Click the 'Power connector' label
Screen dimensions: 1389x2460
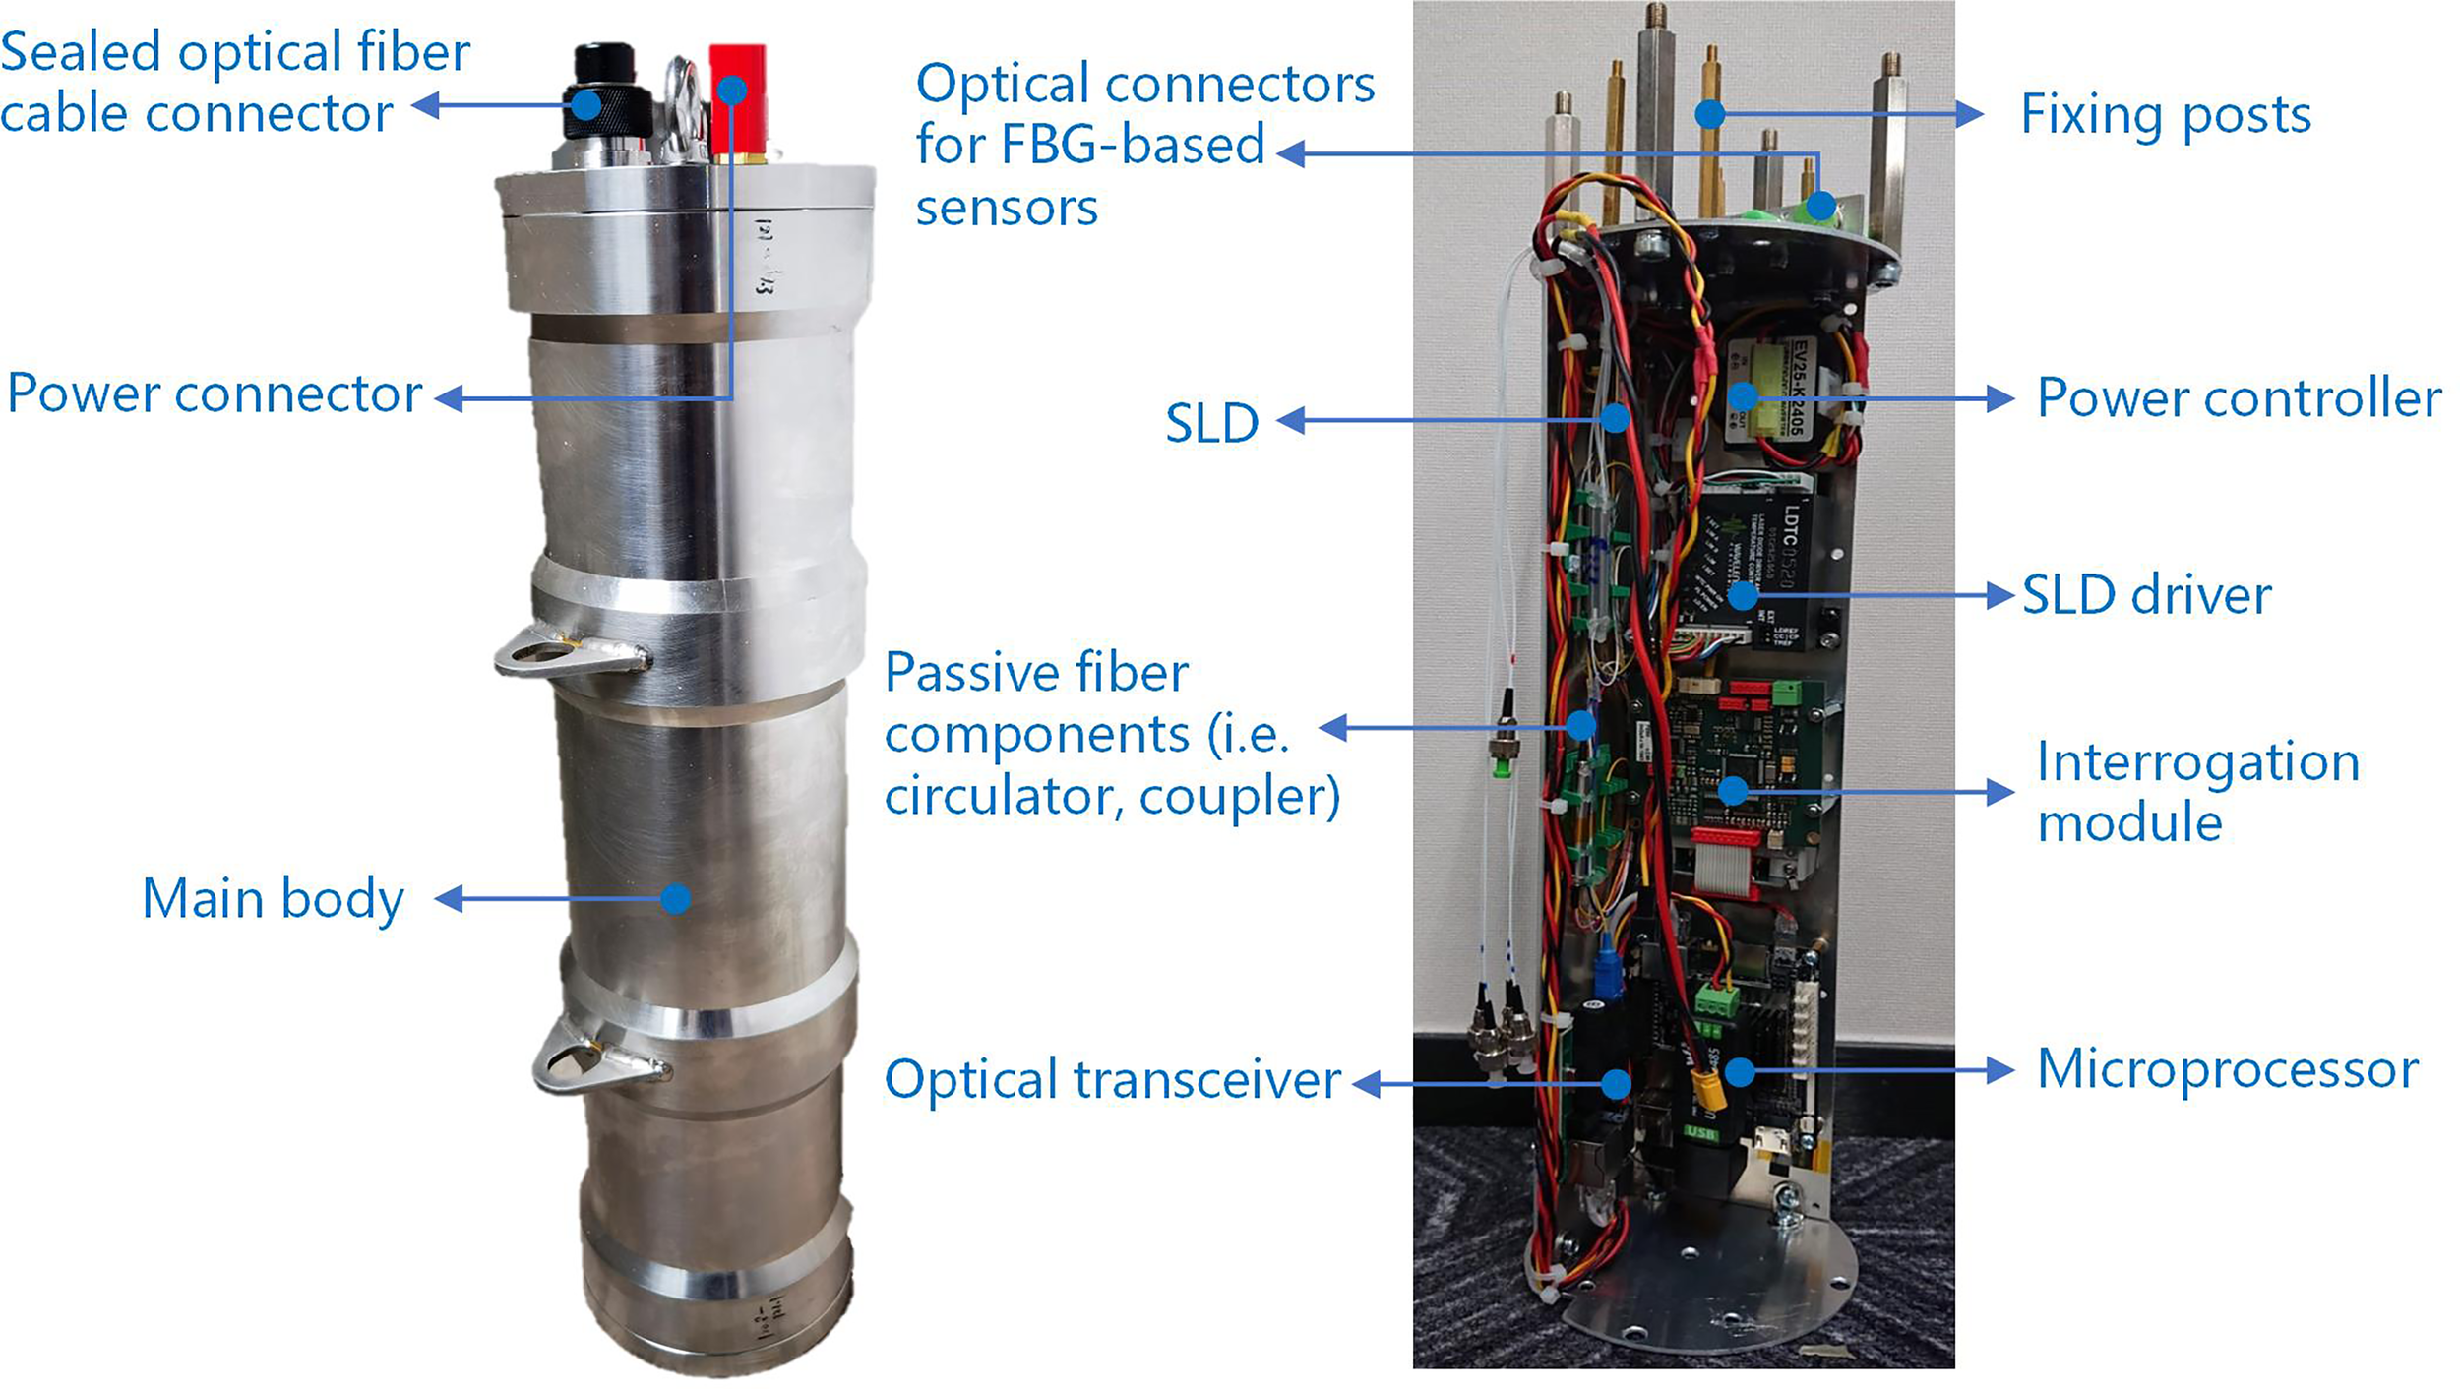tap(215, 394)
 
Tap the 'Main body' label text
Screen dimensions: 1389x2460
tap(273, 899)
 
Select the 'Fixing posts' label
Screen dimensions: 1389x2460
tap(2165, 115)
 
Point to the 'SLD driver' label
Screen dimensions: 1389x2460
tap(2146, 595)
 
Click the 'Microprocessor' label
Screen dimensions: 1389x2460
tap(2227, 1069)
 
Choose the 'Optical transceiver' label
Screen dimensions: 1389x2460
tap(1112, 1079)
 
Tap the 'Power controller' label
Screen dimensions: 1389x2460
tap(2239, 398)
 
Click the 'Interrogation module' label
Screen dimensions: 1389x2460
tap(2196, 792)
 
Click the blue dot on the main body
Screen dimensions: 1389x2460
tap(675, 898)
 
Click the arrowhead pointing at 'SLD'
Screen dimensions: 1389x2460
tap(1290, 421)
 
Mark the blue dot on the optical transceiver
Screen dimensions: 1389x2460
tap(1615, 1084)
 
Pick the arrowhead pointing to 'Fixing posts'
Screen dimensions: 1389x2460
tap(1970, 114)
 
